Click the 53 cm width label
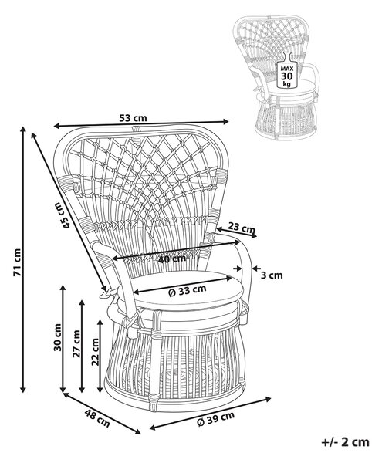133,118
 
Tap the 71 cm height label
17,262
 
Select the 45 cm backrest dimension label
63,215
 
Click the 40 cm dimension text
172,259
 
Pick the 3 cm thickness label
272,275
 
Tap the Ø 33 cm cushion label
188,291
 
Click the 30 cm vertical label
58,337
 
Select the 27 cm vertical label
76,343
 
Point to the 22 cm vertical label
95,352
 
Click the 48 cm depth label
97,418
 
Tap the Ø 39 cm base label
216,418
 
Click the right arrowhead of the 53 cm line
226,121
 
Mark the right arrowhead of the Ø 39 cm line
268,399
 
